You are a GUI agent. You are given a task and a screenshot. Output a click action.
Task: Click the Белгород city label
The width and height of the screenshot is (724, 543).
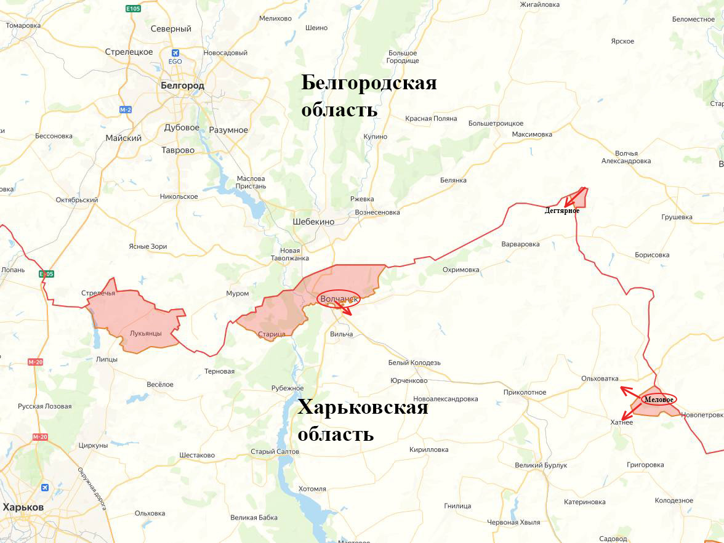pos(182,86)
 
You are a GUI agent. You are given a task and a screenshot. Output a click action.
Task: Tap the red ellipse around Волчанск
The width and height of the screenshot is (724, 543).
pos(339,299)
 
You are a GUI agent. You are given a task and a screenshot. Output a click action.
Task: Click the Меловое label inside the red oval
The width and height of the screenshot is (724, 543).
pos(659,399)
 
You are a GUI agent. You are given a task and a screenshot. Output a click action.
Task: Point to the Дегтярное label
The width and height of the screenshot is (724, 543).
pos(561,211)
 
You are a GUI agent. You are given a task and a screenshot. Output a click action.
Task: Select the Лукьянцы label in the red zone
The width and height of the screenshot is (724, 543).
pos(145,333)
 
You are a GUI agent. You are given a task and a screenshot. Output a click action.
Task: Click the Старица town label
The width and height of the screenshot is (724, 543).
pos(272,334)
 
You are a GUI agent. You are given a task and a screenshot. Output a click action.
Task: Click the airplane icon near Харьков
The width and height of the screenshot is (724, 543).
pos(44,488)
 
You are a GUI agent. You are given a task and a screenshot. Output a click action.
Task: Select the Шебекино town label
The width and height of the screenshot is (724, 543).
pos(313,222)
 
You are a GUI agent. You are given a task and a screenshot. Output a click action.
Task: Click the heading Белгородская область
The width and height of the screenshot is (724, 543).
pos(368,96)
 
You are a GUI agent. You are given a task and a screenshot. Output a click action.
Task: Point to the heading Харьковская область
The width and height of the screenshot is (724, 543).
pos(362,420)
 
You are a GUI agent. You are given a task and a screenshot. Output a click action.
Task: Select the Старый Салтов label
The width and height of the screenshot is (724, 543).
pos(275,451)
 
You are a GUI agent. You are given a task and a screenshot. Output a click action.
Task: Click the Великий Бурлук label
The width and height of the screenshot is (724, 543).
pos(541,465)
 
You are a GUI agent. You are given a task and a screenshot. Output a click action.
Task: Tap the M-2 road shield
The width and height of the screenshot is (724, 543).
pos(126,110)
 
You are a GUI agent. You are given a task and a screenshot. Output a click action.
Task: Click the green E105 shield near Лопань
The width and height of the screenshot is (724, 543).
pos(46,273)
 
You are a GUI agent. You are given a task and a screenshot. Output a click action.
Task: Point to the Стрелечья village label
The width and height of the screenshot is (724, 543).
pos(98,292)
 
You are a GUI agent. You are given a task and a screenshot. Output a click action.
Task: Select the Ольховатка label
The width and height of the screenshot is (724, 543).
pos(600,379)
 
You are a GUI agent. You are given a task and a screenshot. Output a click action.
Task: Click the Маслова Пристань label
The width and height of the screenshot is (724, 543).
pos(251,182)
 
